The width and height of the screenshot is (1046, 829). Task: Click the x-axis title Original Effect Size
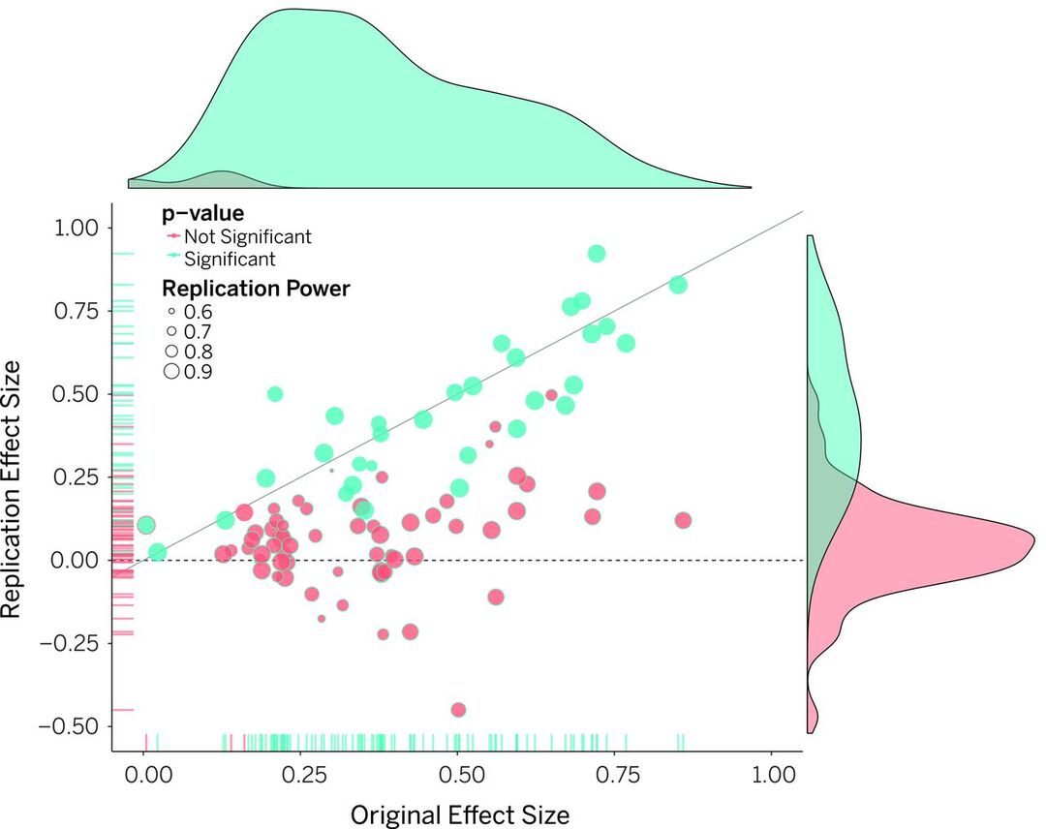pyautogui.click(x=459, y=814)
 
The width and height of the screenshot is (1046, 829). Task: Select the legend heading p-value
pyautogui.click(x=202, y=213)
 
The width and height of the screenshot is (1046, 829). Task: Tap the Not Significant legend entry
pyautogui.click(x=247, y=236)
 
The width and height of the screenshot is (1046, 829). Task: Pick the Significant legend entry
pyautogui.click(x=230, y=259)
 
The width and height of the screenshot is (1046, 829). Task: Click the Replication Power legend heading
pyautogui.click(x=256, y=288)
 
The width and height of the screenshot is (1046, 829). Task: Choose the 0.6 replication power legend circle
pyautogui.click(x=170, y=312)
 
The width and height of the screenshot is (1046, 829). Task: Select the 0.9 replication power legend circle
pyautogui.click(x=170, y=370)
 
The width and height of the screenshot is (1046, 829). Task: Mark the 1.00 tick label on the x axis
pyautogui.click(x=771, y=776)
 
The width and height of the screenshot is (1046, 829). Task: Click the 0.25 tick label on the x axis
pyautogui.click(x=301, y=776)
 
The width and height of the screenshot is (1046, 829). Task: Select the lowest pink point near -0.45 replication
pyautogui.click(x=458, y=710)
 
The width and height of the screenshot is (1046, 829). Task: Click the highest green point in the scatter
pyautogui.click(x=597, y=253)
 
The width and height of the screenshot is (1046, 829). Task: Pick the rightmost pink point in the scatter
pyautogui.click(x=683, y=520)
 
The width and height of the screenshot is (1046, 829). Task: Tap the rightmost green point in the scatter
pyautogui.click(x=678, y=285)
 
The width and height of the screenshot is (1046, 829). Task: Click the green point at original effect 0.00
pyautogui.click(x=146, y=525)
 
